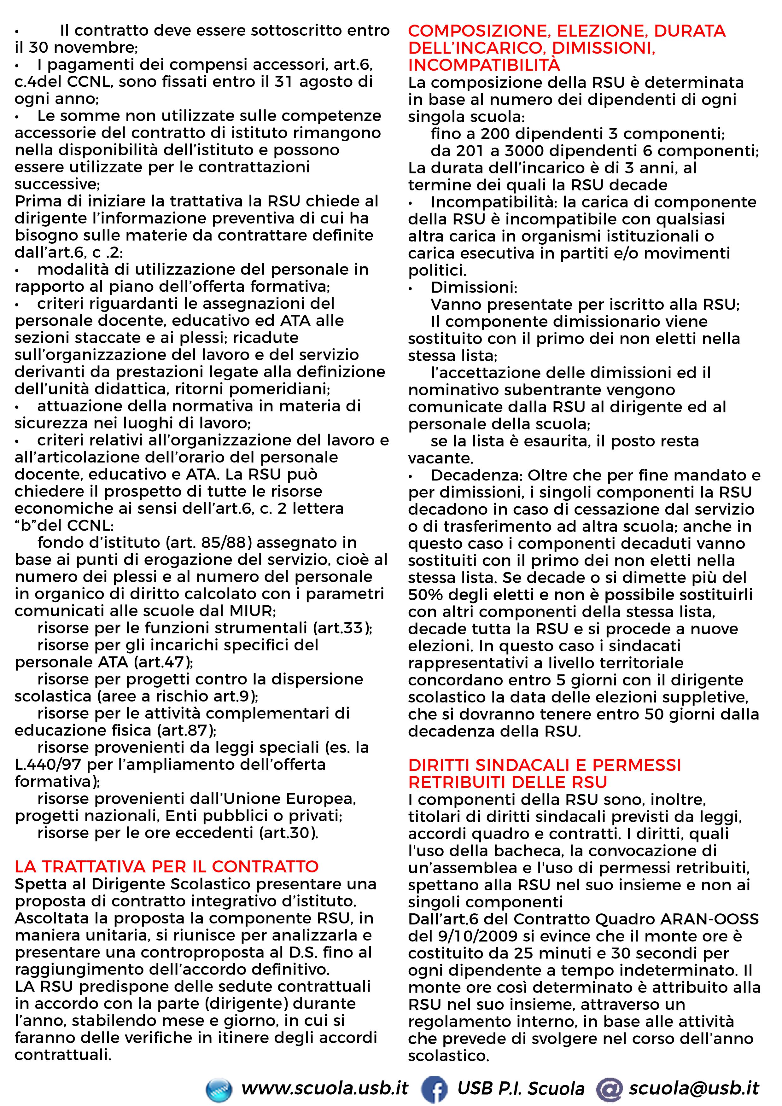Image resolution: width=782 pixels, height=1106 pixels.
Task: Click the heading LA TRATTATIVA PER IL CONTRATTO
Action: (x=167, y=867)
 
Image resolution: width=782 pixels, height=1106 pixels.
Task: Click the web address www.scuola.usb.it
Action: (x=325, y=1088)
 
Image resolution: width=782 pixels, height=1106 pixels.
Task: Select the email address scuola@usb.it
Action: (x=694, y=1088)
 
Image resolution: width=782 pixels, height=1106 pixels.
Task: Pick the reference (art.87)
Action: (x=186, y=730)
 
